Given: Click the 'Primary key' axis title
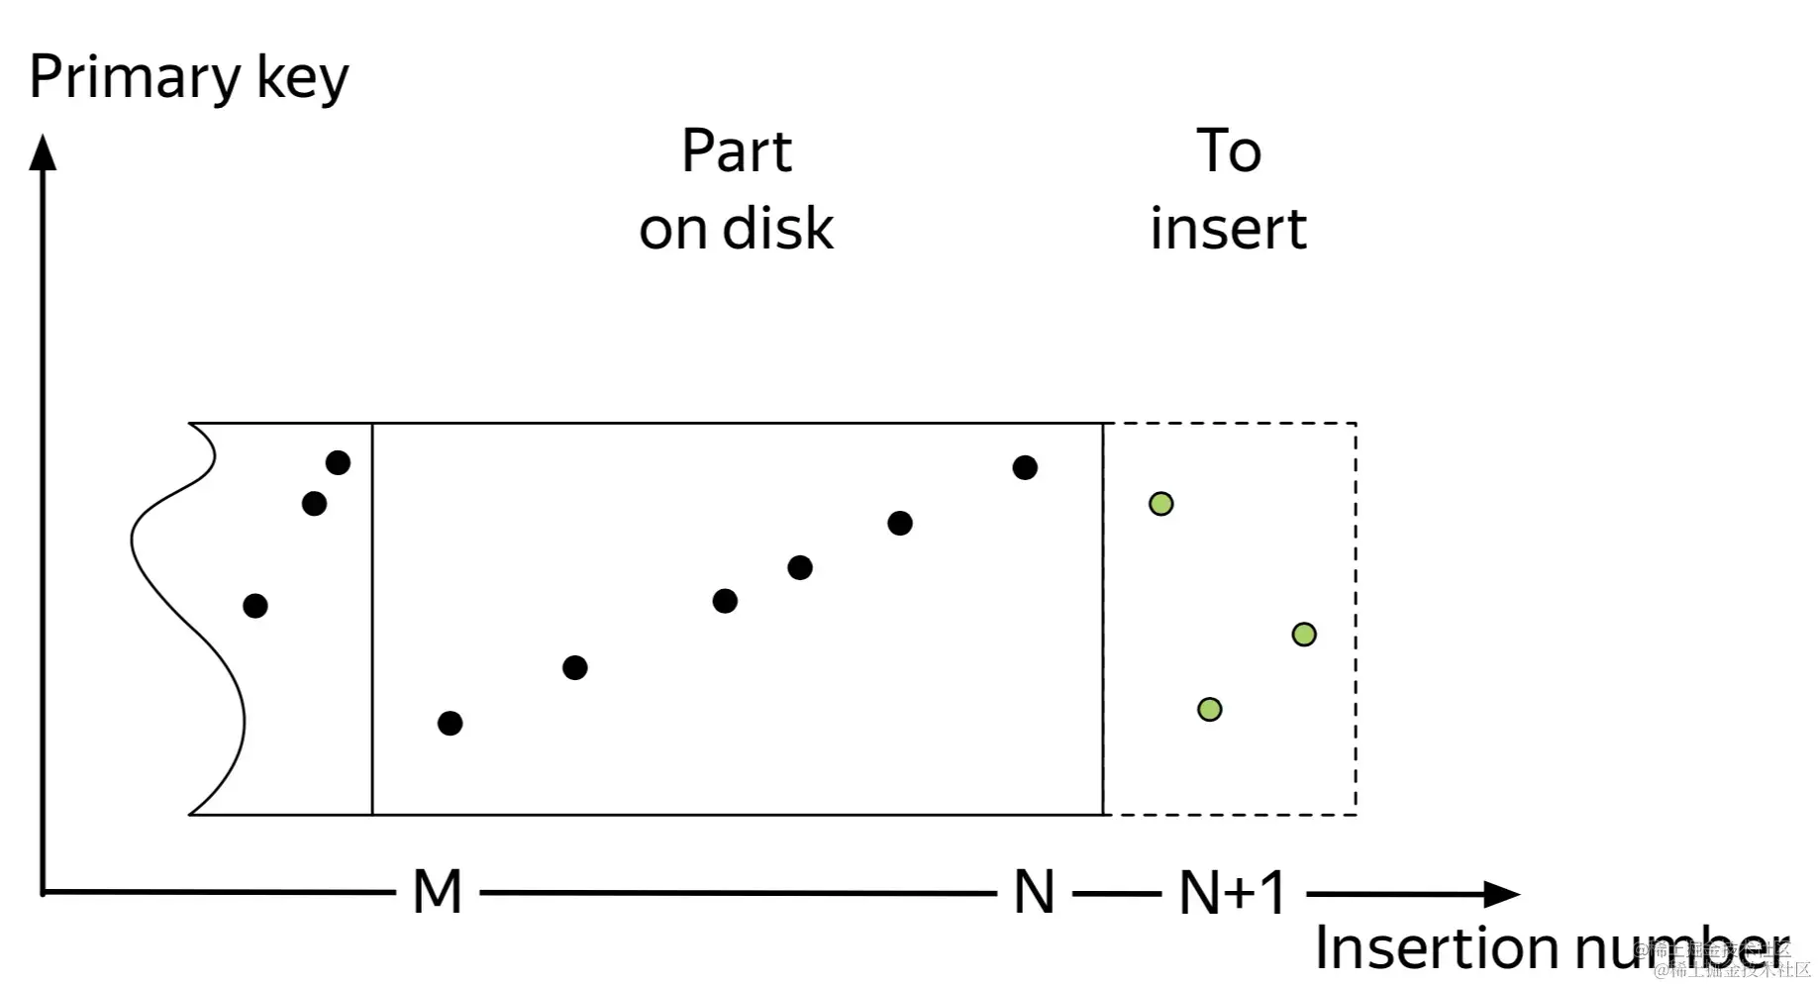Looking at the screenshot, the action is (188, 77).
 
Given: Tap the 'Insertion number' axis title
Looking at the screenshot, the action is (1550, 947).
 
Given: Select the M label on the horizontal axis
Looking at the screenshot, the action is (437, 892).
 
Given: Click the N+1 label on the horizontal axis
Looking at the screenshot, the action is (1232, 892).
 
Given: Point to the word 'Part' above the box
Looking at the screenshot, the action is (737, 151).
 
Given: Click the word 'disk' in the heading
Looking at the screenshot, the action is (778, 229).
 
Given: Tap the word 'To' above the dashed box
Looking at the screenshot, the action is (1229, 151).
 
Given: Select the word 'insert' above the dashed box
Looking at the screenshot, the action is (1228, 229).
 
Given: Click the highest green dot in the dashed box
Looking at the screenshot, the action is (1161, 504).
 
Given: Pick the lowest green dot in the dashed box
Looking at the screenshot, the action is (1209, 709).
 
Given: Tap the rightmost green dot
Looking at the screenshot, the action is (1304, 635).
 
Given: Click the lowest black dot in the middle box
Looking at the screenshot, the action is (450, 724).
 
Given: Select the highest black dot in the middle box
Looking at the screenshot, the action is (1025, 467).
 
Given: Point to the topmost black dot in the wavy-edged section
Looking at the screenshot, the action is (338, 462).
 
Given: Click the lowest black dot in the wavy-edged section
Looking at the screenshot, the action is (254, 606).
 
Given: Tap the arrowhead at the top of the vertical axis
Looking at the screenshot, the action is (43, 152).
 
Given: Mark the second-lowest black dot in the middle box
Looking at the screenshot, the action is (574, 668).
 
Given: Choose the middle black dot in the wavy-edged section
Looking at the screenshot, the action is (314, 504).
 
